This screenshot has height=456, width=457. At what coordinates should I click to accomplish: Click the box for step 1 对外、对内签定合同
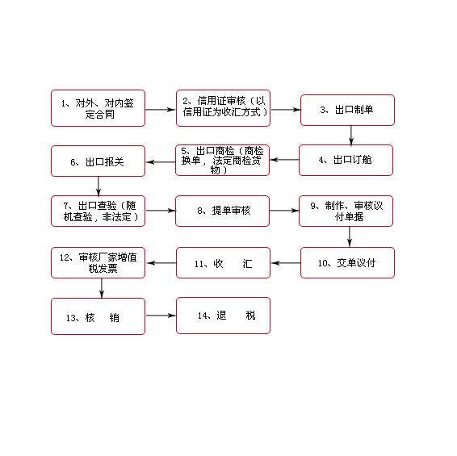(98, 108)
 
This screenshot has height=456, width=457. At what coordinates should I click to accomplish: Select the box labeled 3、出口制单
(347, 110)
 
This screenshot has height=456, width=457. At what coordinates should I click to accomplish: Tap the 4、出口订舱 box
(346, 161)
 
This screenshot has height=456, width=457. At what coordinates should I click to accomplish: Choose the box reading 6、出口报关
(98, 161)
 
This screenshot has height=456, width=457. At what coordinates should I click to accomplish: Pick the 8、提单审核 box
(222, 211)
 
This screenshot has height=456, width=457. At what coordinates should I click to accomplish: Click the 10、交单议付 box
(347, 262)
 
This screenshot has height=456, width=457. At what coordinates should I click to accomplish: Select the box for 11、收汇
(224, 262)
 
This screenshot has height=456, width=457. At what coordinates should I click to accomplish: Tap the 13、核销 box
(98, 316)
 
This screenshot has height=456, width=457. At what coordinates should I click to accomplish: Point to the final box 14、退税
(224, 316)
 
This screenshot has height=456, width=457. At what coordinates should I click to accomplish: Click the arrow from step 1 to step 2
(161, 110)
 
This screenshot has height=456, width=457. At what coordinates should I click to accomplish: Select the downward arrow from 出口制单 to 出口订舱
(351, 136)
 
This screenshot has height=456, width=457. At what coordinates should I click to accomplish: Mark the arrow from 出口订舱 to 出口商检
(284, 160)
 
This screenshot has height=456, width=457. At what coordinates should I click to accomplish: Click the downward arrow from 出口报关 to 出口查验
(99, 186)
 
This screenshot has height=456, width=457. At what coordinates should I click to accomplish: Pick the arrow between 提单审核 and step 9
(284, 211)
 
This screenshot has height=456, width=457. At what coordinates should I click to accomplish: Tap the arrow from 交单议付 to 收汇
(286, 263)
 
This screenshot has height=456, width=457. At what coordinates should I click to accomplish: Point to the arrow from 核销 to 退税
(161, 316)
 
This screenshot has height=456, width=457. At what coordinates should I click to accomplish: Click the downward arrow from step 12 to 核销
(102, 288)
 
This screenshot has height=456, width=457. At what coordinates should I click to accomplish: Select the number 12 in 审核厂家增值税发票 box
(64, 257)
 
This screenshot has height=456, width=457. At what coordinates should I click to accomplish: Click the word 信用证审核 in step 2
(221, 101)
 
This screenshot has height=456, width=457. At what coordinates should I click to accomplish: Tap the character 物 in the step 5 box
(215, 169)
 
